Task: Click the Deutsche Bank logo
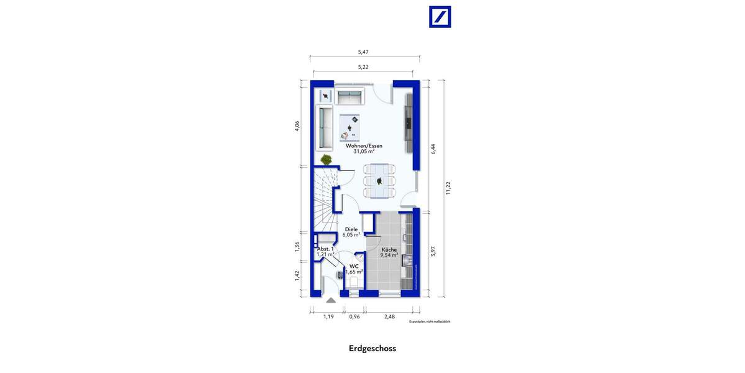[440, 17]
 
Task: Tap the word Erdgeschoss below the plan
[372, 348]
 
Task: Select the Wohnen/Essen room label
[368, 146]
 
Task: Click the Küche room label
[389, 250]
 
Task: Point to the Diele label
[351, 229]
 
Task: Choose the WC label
[354, 267]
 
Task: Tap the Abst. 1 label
[325, 249]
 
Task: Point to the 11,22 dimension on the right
[448, 188]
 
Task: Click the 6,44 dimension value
[433, 149]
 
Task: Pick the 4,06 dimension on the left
[297, 126]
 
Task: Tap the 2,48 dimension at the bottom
[389, 316]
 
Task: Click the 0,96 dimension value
[354, 316]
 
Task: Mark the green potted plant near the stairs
[325, 159]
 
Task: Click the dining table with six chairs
[379, 180]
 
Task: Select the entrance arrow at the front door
[331, 300]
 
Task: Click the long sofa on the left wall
[325, 127]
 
